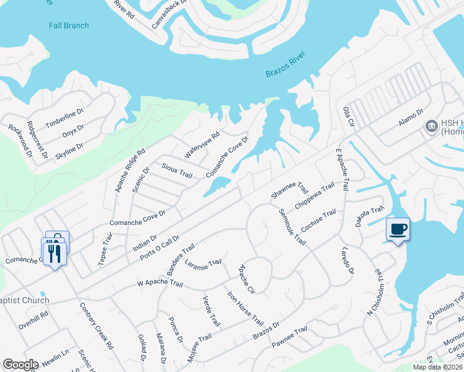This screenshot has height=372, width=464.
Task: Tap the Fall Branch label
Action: pos(69,25)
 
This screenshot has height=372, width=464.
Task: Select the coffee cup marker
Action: pos(398,230)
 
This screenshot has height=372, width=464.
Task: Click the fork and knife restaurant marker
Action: pos(54,252)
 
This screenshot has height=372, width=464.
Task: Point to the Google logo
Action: pos(20,364)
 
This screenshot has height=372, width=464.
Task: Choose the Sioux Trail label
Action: pos(177,170)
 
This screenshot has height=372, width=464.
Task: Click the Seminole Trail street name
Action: pos(292,224)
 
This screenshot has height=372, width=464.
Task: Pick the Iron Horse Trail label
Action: pos(245,308)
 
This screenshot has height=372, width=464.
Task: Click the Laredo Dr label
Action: pos(347,260)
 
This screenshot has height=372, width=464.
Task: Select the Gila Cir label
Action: pos(348,117)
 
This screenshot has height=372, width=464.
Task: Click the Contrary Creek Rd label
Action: pos(97,325)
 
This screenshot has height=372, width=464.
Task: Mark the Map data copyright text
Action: pos(437,366)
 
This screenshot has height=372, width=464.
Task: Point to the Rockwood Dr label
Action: pos(19,139)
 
